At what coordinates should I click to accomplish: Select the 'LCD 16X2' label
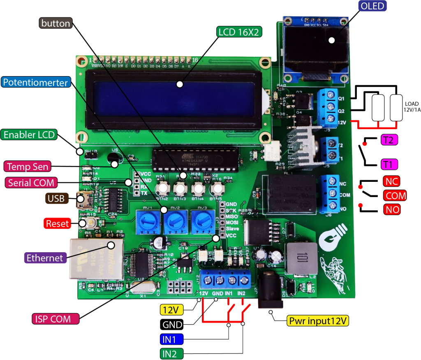pyautogui.click(x=239, y=32)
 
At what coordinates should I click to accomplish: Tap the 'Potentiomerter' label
pyautogui.click(x=35, y=82)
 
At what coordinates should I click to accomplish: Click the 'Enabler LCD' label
pyautogui.click(x=29, y=135)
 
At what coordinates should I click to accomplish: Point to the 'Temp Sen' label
pyautogui.click(x=28, y=166)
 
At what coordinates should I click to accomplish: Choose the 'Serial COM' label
pyautogui.click(x=31, y=183)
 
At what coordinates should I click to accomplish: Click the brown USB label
pyautogui.click(x=56, y=199)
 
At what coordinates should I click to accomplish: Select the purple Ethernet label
pyautogui.click(x=45, y=258)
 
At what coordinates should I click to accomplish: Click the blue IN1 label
pyautogui.click(x=171, y=339)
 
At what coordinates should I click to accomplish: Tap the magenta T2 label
pyautogui.click(x=389, y=140)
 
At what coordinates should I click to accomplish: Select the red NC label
pyautogui.click(x=392, y=181)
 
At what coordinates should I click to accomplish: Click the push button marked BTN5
pyautogui.click(x=217, y=189)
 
